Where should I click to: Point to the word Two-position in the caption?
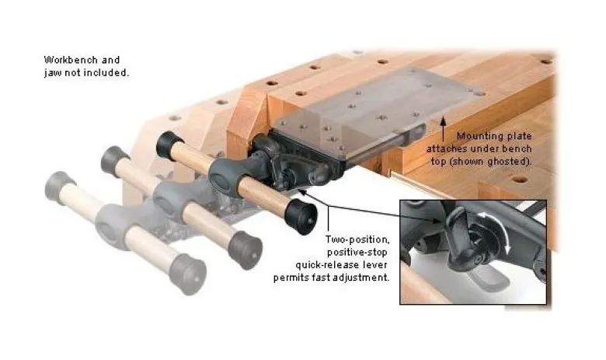pos(357,239)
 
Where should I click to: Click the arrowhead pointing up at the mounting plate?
pos(444,121)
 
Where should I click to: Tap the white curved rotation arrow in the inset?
pos(498,228)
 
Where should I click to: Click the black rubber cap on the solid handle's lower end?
pos(301,217)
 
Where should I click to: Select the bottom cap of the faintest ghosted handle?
pos(188,274)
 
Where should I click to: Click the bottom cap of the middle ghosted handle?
pos(245,250)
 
